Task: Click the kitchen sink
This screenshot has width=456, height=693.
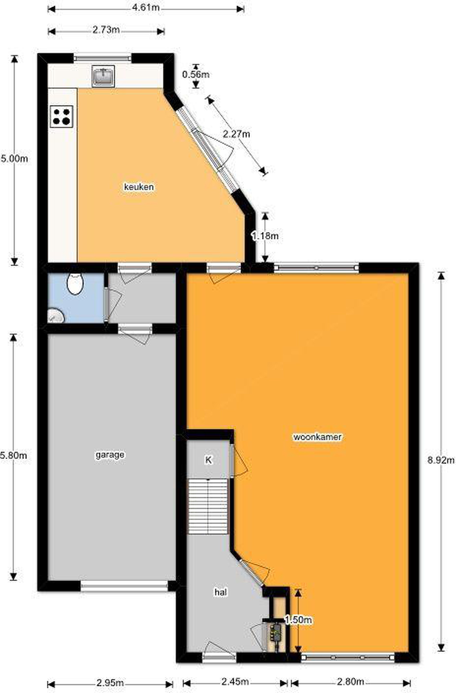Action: click(x=103, y=76)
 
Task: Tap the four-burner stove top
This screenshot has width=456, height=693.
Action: click(x=62, y=116)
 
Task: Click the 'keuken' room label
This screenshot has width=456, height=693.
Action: click(x=139, y=187)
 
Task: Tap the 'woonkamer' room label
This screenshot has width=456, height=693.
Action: click(x=317, y=437)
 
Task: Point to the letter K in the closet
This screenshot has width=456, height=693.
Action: click(x=209, y=460)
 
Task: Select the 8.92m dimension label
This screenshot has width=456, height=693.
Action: click(x=441, y=460)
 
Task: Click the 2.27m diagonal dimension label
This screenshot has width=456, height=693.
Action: click(x=236, y=134)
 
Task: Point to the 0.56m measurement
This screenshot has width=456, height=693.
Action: click(x=196, y=75)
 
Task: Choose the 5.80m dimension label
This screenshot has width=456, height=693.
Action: click(x=14, y=455)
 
